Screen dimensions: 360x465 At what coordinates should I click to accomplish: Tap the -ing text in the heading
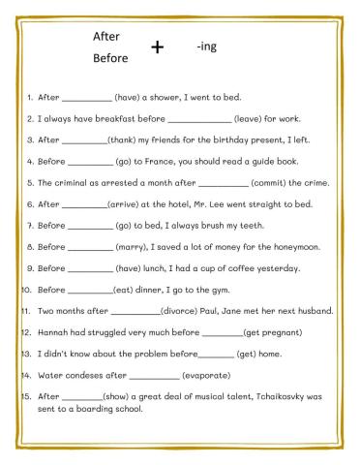(x=206, y=46)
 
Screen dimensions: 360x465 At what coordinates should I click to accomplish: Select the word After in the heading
(x=105, y=36)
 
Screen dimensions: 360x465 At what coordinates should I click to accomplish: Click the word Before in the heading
(x=110, y=58)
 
